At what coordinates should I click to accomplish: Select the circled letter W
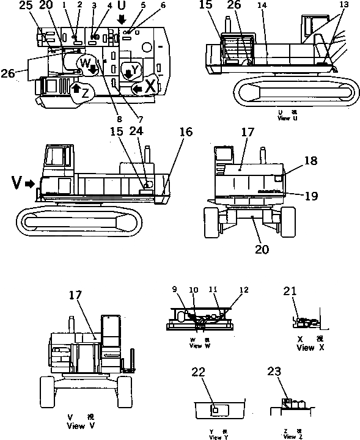pos(86,62)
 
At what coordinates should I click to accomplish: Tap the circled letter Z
pos(84,94)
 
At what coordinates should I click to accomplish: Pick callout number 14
pos(262,6)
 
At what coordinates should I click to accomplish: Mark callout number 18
pos(310,160)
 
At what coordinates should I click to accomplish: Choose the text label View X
pos(305,348)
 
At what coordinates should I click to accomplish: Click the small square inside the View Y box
pos(215,408)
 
